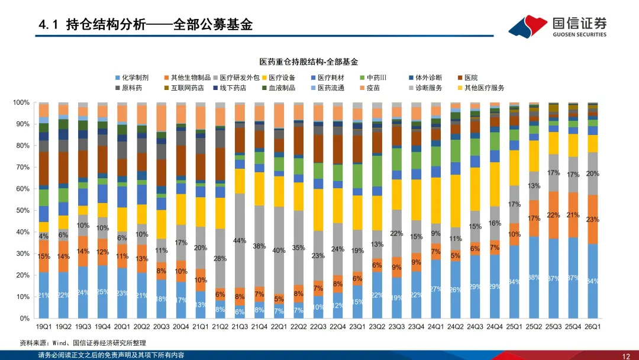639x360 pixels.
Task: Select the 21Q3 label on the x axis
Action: coord(240,326)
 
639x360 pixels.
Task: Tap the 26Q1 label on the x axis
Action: coord(593,326)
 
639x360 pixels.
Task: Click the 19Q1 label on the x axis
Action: coord(43,326)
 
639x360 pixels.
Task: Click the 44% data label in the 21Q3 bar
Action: coord(240,240)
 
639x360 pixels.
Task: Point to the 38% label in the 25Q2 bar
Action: coord(534,277)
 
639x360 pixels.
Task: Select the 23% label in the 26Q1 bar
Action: coord(593,219)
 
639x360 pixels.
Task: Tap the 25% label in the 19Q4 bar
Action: coord(102,291)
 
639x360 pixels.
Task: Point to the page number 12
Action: coord(626,355)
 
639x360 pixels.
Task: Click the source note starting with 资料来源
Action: coord(83,343)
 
